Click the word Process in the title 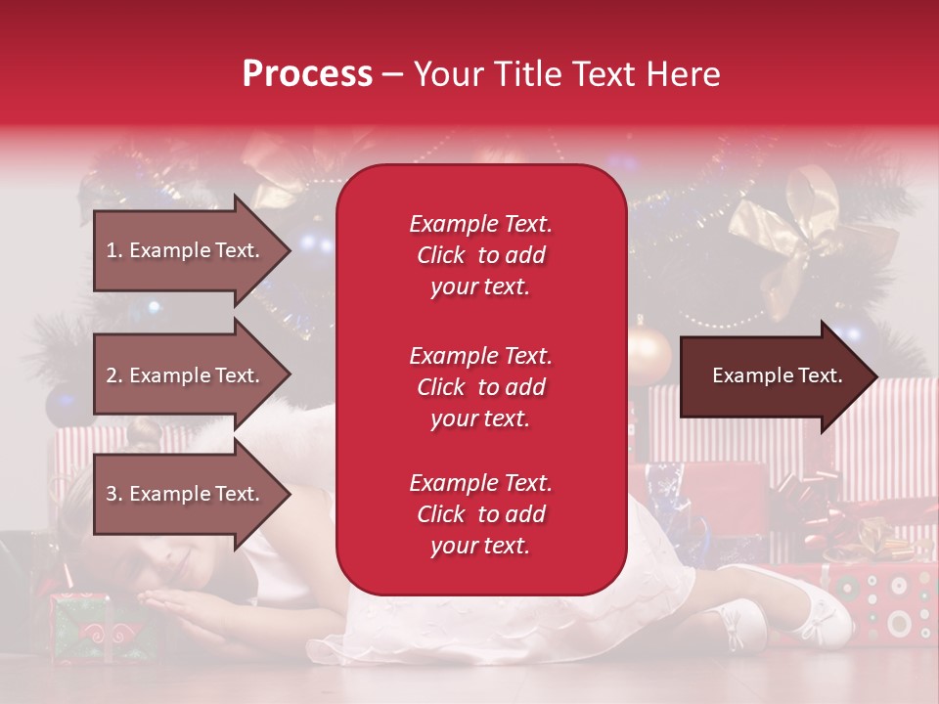307,73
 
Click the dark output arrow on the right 778,375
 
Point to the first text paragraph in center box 480,255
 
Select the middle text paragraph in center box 480,387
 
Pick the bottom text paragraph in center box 480,514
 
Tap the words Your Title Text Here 566,73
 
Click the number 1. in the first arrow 114,250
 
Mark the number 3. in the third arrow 114,494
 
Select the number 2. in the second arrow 114,375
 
